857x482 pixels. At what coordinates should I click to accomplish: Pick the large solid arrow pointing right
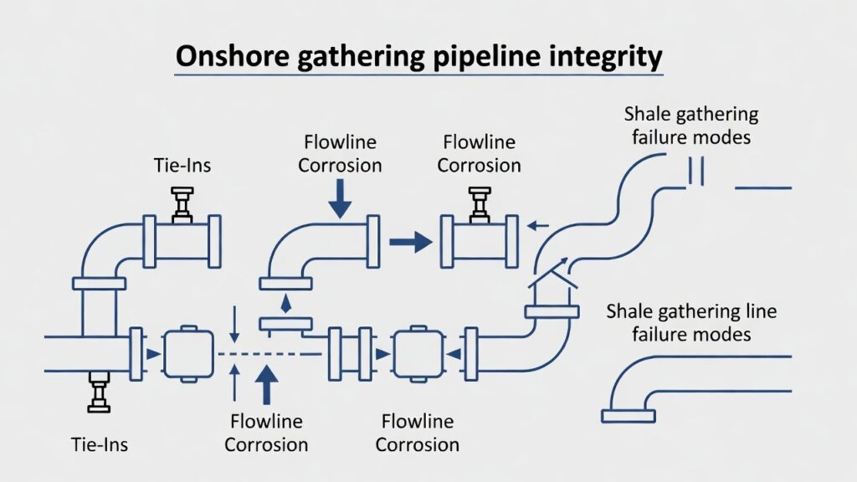pos(411,243)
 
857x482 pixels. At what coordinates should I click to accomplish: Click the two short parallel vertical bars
pos(697,171)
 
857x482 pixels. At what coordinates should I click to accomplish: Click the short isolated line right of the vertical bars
pos(762,187)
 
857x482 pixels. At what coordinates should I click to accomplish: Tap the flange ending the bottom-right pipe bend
pos(628,414)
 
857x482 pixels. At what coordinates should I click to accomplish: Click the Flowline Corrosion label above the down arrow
pos(340,153)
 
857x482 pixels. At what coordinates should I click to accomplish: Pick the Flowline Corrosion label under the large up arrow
pos(267,433)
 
